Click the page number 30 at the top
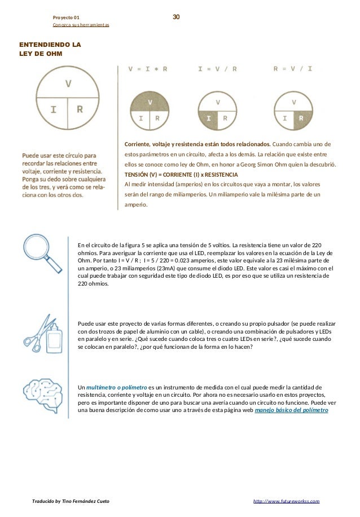[176, 17]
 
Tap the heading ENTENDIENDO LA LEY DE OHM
[49, 49]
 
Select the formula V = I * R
[148, 69]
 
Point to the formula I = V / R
[217, 69]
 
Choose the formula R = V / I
[292, 69]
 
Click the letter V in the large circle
[68, 83]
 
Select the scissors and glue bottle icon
[42, 334]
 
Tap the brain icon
[42, 397]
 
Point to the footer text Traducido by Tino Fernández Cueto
[71, 501]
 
